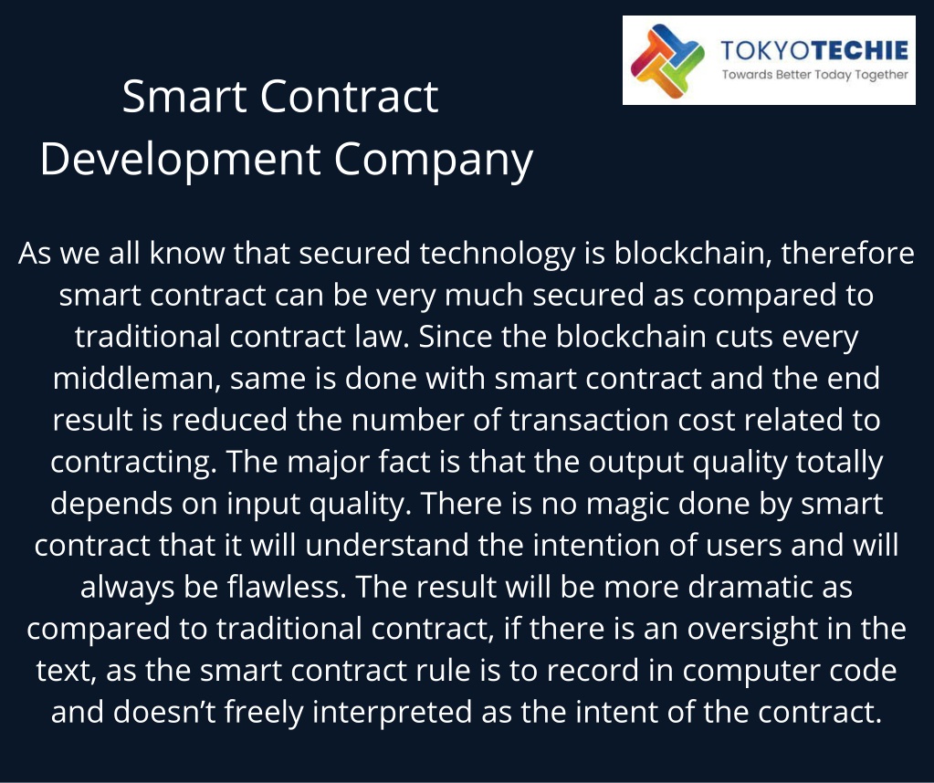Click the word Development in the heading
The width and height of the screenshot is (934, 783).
181,159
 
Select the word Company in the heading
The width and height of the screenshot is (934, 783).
433,161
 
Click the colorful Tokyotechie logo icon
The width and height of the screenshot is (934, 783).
667,61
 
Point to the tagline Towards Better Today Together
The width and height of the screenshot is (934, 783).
815,75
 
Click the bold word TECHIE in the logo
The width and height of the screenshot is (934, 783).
860,50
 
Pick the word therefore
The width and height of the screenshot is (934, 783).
847,253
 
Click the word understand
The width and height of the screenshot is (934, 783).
386,546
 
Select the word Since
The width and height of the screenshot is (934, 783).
455,337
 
